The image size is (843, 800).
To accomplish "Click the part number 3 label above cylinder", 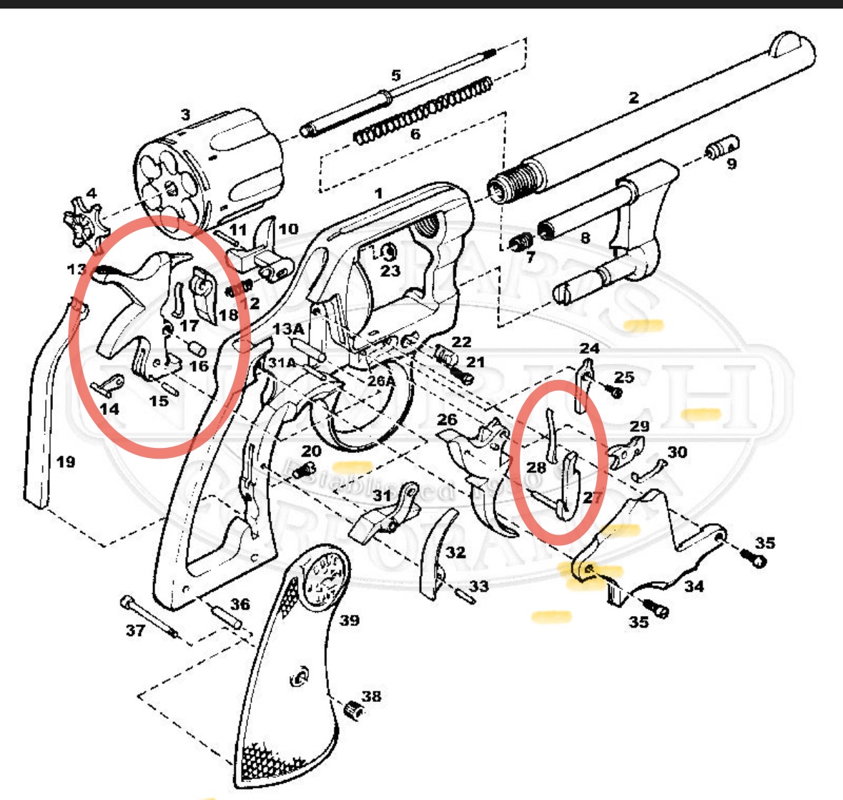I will (x=186, y=114).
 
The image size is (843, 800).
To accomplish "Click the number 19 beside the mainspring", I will (x=65, y=462).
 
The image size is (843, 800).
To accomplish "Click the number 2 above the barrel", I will (x=634, y=98).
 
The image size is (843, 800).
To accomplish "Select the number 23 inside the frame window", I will (x=390, y=271).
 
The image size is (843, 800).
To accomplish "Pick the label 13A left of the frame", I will (x=288, y=328).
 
